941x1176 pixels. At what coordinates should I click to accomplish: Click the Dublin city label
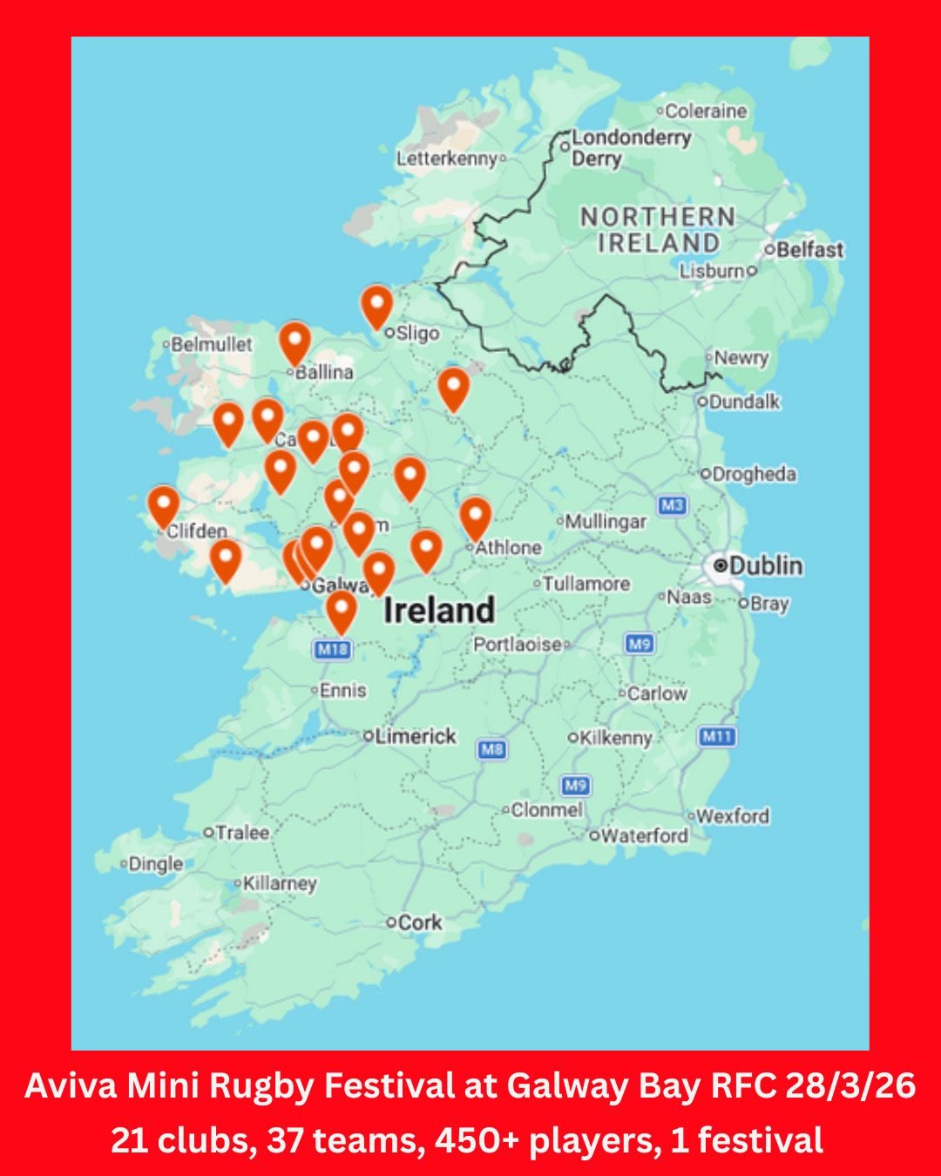pos(765,565)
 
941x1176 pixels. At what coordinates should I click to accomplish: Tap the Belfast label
pos(809,250)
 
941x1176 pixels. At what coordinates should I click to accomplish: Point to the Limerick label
pos(416,736)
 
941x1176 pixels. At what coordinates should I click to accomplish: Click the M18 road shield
pos(332,649)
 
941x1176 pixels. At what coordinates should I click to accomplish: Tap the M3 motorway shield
pos(672,505)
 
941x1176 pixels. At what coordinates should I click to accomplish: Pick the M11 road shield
pos(717,737)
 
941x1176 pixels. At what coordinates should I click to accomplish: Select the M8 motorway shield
pos(492,749)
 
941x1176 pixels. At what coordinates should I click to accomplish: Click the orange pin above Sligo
pos(376,306)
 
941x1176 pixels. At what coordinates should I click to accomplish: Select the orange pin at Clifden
pos(163,505)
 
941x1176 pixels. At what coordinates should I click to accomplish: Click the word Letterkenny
pos(447,159)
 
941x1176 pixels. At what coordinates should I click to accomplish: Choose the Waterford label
pos(644,835)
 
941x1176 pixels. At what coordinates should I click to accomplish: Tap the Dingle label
pos(155,864)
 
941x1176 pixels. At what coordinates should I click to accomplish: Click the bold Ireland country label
pos(439,610)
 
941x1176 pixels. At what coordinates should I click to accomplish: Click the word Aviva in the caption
pos(71,1086)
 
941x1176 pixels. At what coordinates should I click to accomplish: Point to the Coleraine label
pos(706,112)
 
